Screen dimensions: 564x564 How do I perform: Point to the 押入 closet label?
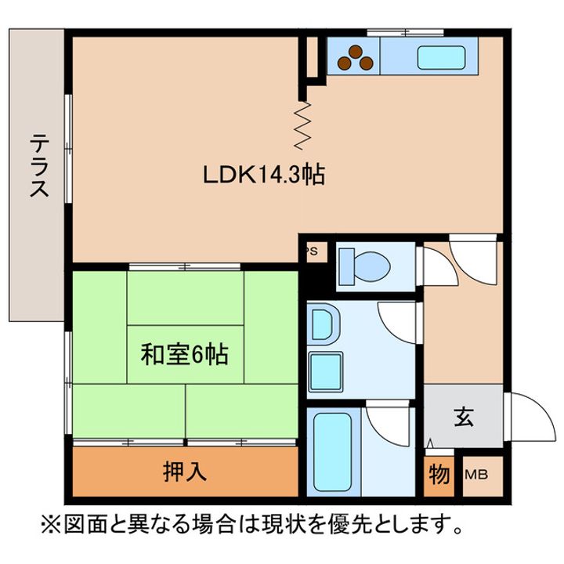185,472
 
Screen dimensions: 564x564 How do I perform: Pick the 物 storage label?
439,473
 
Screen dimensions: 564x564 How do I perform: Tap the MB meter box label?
475,474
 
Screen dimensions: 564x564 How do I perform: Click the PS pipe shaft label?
311,251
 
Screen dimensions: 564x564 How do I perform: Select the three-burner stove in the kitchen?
353,56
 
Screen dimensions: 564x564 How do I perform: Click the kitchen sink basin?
443,57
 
